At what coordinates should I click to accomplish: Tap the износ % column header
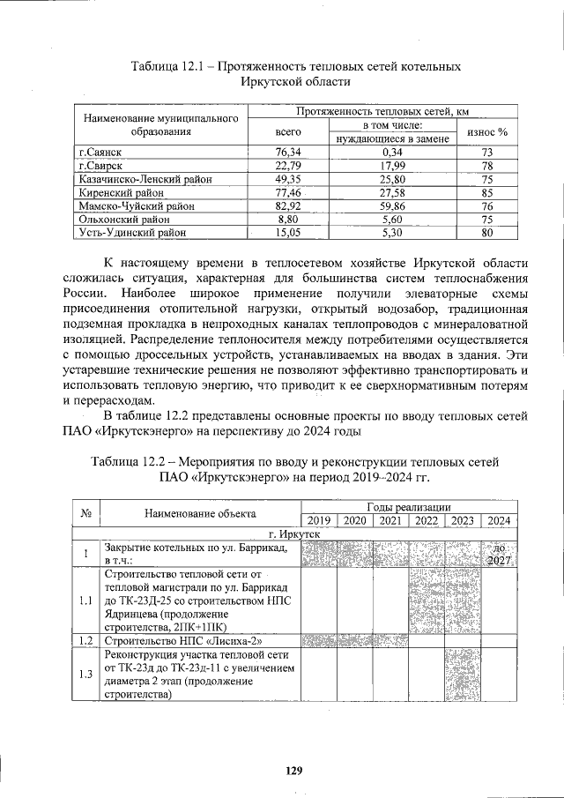pyautogui.click(x=486, y=131)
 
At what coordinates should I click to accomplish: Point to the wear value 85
pyautogui.click(x=486, y=192)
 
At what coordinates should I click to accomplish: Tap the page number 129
pyautogui.click(x=293, y=771)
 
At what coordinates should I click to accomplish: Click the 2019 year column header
pyautogui.click(x=319, y=520)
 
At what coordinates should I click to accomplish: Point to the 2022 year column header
pyautogui.click(x=427, y=520)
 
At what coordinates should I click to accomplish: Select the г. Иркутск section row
pyautogui.click(x=293, y=533)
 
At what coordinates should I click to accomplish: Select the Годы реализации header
pyautogui.click(x=409, y=507)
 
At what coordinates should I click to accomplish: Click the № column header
pyautogui.click(x=85, y=513)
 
